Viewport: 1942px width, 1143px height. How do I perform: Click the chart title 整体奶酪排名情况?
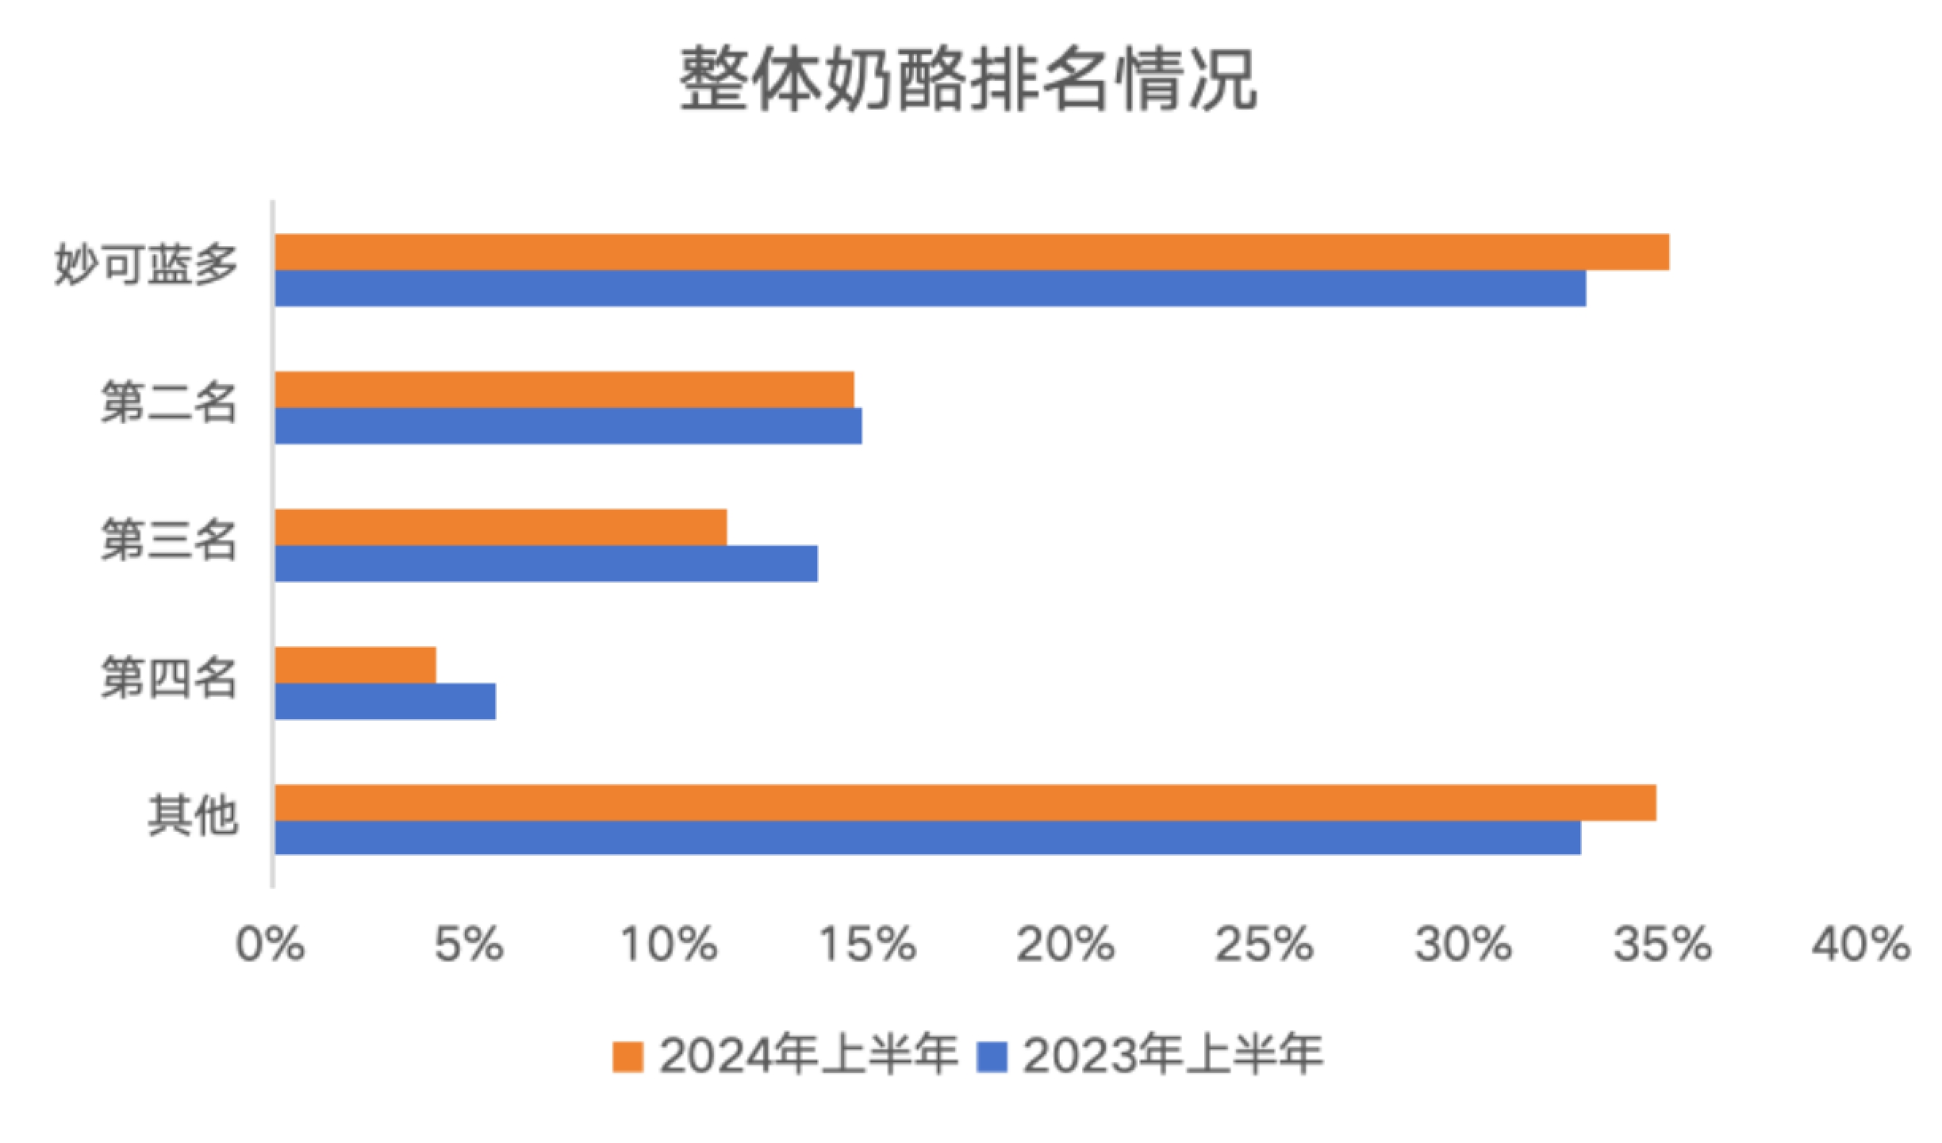[x=968, y=79]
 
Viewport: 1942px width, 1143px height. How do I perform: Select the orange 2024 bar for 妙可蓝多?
[x=972, y=252]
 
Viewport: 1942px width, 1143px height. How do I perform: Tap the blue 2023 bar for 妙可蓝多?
[x=930, y=288]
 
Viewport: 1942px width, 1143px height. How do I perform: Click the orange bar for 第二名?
[x=564, y=390]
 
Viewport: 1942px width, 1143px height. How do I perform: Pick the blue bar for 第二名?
[x=568, y=426]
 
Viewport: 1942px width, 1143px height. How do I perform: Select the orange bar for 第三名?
[x=501, y=527]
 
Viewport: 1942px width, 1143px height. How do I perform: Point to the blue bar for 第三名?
[x=546, y=564]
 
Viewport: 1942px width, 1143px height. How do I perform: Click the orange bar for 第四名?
[x=355, y=665]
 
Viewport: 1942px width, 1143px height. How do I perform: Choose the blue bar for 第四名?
[x=385, y=702]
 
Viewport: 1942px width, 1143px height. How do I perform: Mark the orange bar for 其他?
[x=965, y=802]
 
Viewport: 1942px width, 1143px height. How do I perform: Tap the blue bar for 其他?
[x=927, y=838]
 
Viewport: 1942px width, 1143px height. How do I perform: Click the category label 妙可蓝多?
[x=146, y=264]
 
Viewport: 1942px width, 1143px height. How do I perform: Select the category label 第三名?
[x=169, y=540]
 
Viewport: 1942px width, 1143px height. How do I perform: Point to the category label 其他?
[x=193, y=815]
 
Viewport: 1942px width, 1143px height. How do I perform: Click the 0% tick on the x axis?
[x=271, y=945]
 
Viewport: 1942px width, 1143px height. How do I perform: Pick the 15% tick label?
[x=867, y=945]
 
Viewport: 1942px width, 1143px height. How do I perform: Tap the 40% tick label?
[x=1861, y=945]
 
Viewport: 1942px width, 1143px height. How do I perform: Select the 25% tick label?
[x=1265, y=945]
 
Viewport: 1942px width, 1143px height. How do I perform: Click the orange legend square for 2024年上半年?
[x=628, y=1056]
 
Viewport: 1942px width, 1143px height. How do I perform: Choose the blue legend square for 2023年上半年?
[x=992, y=1056]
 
